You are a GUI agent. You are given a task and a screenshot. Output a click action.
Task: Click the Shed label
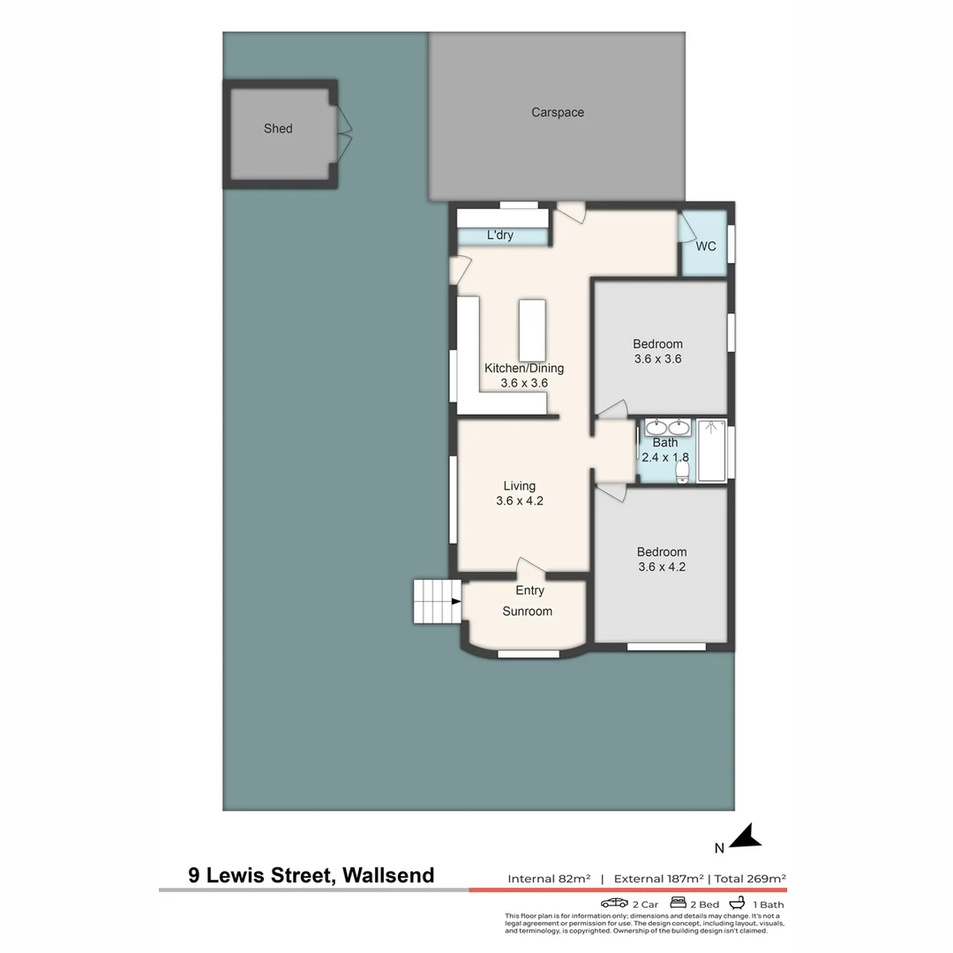click(278, 129)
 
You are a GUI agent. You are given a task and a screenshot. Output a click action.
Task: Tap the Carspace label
click(557, 113)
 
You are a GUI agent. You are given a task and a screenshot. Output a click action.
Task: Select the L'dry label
click(499, 236)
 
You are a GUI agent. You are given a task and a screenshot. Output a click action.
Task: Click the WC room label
click(705, 246)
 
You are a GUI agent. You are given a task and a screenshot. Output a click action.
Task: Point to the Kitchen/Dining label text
click(523, 368)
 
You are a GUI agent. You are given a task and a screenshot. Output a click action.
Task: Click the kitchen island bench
click(532, 330)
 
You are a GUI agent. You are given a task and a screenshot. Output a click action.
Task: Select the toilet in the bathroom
click(682, 472)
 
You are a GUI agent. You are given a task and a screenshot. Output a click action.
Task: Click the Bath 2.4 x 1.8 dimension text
click(664, 457)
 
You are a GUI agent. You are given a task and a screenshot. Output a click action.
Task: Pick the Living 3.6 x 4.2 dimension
click(519, 500)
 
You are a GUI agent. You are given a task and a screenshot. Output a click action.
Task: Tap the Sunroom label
click(527, 612)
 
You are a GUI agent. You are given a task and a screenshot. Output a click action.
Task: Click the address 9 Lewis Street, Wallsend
click(311, 875)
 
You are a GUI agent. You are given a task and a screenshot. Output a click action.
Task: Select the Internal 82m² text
click(549, 879)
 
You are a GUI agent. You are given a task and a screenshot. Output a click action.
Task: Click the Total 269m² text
click(750, 879)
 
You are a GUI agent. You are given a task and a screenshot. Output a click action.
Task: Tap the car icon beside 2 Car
click(614, 904)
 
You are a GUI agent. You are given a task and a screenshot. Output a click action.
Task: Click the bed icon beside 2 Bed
click(679, 904)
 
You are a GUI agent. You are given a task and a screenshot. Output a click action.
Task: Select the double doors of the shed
click(344, 134)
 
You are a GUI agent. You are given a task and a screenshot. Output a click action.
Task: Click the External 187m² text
click(658, 879)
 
